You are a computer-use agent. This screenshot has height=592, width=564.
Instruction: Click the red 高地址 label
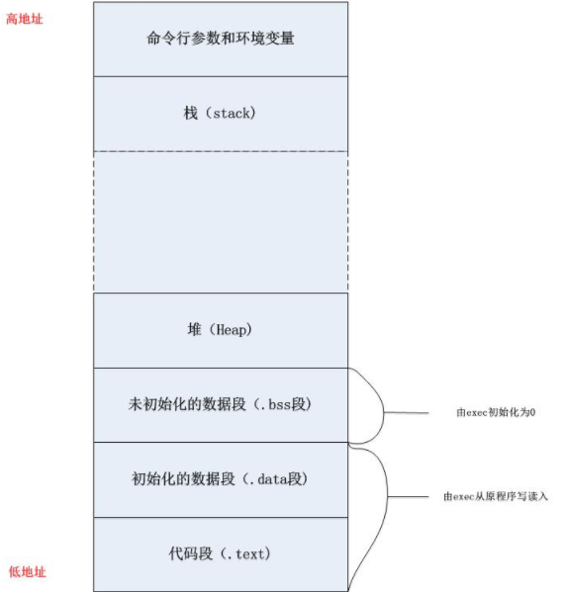tap(24, 19)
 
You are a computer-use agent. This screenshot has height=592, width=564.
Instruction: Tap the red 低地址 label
tap(28, 571)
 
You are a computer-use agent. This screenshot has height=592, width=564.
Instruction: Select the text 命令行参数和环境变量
tap(221, 39)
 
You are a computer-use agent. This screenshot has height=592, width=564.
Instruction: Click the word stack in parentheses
tap(232, 114)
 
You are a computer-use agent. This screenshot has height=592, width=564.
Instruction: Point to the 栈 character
tap(191, 113)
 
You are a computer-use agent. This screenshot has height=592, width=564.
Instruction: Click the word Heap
tap(231, 330)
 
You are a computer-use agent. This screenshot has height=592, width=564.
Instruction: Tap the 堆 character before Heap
tap(194, 329)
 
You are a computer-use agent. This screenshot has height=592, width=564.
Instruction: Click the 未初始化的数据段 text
tap(187, 404)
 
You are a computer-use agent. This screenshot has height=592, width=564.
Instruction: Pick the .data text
tap(269, 479)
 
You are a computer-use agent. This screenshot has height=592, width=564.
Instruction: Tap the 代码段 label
tap(191, 553)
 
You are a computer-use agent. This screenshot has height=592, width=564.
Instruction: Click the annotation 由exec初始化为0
tap(496, 412)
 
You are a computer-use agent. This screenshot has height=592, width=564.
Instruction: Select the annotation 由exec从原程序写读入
tap(496, 496)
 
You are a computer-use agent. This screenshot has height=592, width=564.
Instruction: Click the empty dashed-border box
tap(221, 222)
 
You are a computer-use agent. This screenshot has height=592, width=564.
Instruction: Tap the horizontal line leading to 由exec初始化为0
tap(407, 413)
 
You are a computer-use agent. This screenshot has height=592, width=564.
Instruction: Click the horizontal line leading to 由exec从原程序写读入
tap(409, 496)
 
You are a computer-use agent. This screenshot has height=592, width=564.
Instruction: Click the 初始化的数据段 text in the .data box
tap(183, 478)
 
